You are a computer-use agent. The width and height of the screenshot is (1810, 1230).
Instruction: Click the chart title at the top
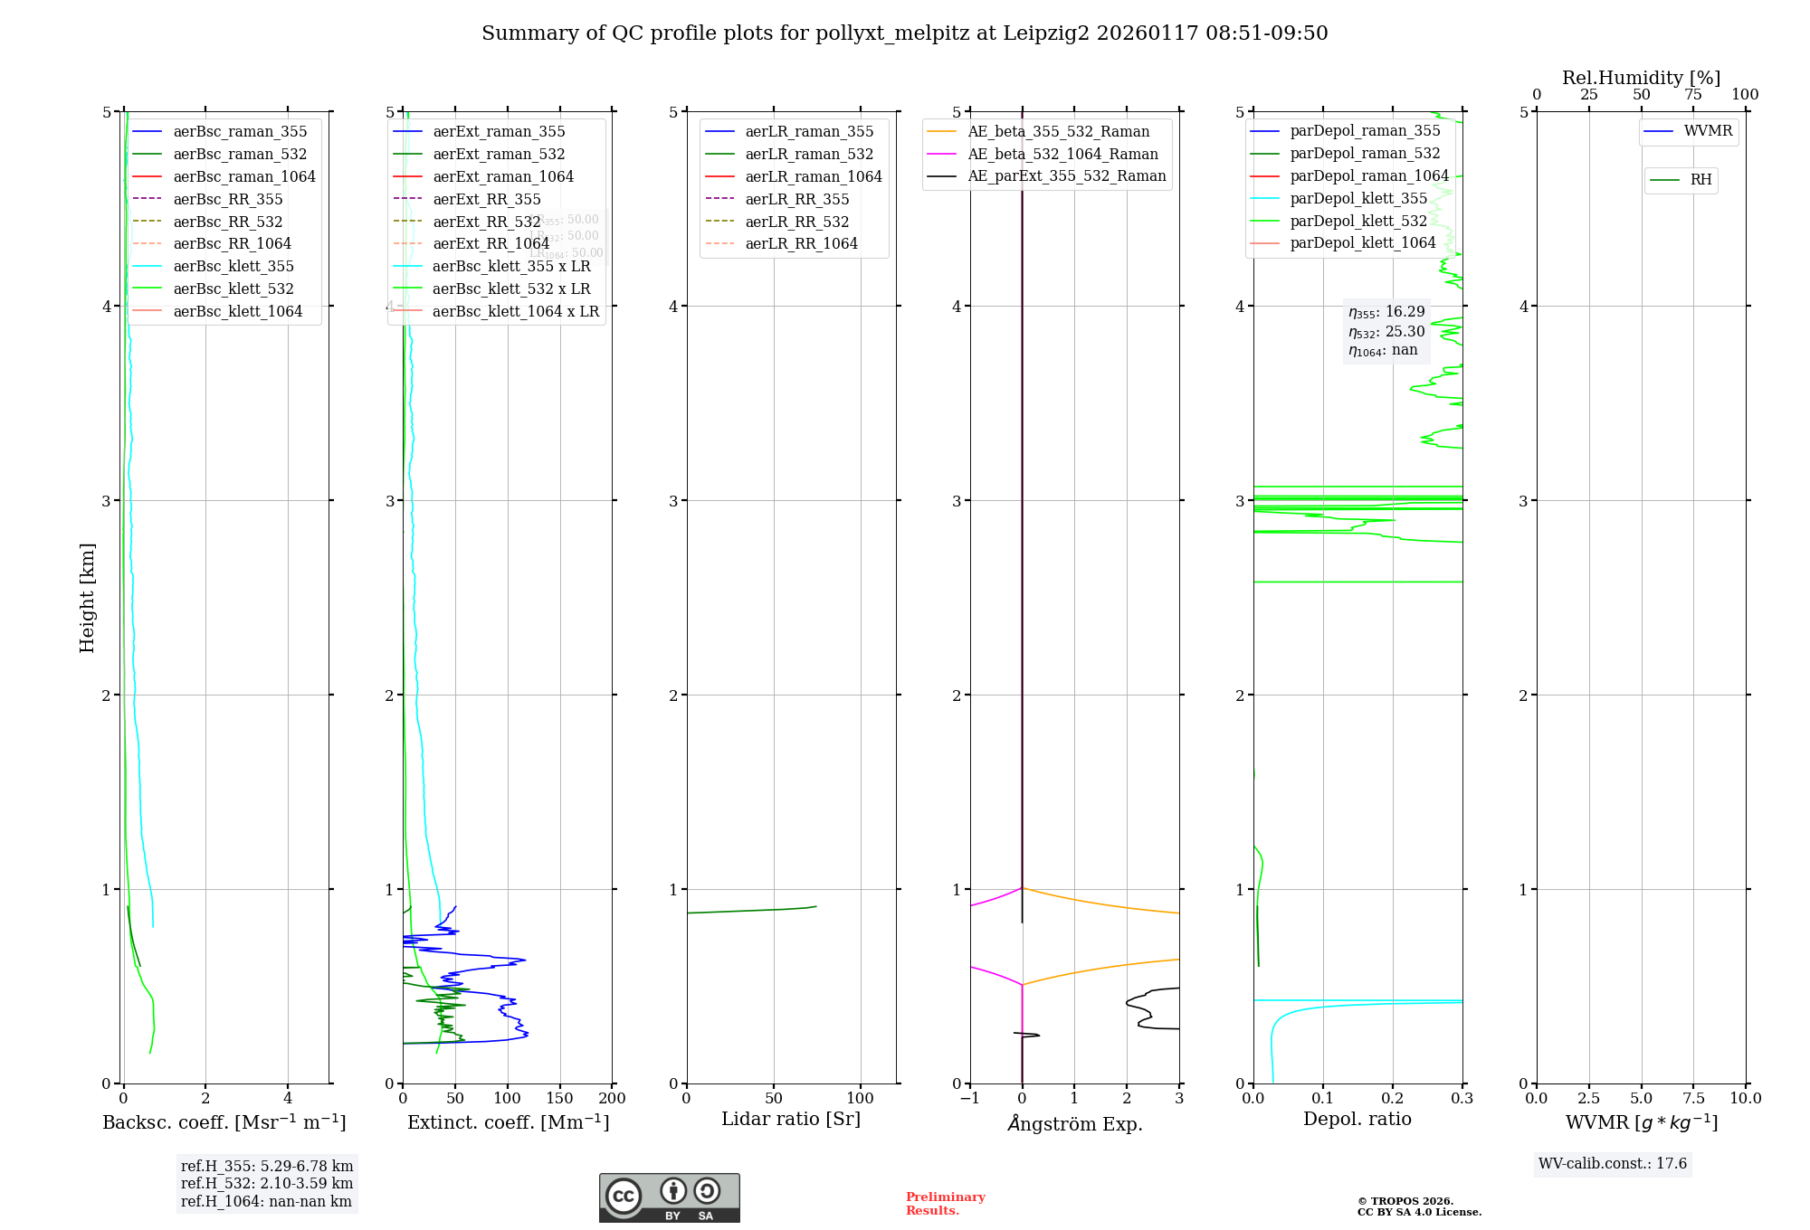[904, 33]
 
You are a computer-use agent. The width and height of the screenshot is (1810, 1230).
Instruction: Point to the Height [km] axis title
[87, 597]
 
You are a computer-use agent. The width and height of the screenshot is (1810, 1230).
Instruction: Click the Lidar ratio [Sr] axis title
[791, 1119]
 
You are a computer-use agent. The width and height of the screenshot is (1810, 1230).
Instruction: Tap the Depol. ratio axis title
[1357, 1119]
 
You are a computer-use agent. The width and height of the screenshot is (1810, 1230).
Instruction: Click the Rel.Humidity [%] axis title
[1641, 78]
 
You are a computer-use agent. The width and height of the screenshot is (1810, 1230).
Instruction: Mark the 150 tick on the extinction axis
[560, 1098]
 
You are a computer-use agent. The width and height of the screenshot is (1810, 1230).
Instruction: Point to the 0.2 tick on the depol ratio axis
[1393, 1098]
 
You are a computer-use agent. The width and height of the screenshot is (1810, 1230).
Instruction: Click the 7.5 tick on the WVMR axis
[1693, 1098]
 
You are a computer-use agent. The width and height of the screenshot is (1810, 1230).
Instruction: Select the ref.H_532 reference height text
[266, 1183]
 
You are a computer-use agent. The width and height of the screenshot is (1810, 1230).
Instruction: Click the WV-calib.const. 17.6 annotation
[1613, 1163]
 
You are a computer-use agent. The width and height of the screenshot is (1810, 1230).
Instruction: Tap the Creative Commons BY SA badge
[669, 1197]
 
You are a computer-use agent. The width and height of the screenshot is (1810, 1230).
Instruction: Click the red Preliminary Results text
[945, 1203]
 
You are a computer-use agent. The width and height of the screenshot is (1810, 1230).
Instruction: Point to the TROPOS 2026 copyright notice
[1418, 1206]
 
